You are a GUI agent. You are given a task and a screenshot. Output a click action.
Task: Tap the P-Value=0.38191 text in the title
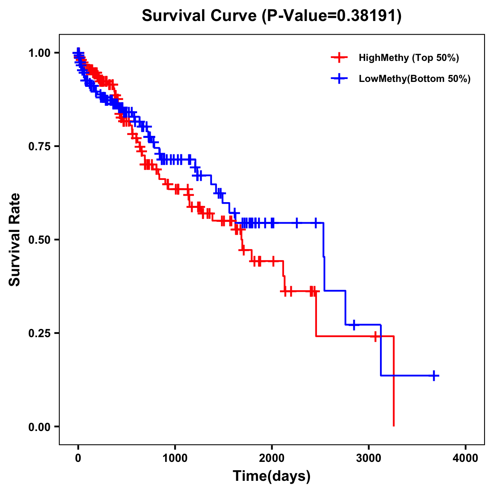tap(333, 16)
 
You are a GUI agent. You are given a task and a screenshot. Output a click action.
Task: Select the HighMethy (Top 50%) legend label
tap(408, 58)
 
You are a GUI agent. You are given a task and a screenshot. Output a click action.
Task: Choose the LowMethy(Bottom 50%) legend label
tap(415, 79)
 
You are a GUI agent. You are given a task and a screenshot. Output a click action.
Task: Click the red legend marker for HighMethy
tap(339, 58)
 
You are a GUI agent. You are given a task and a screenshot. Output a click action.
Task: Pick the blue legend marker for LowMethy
tap(339, 79)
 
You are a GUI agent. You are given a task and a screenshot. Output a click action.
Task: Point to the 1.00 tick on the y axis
tap(39, 53)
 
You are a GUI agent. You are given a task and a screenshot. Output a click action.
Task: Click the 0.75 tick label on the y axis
tap(39, 146)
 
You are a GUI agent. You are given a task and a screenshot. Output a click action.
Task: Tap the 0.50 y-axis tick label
tap(39, 240)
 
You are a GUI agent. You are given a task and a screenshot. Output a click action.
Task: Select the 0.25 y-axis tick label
tap(39, 333)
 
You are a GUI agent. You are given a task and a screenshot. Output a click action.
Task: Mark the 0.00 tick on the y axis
tap(39, 426)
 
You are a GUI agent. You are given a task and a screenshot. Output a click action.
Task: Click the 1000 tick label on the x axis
tap(175, 458)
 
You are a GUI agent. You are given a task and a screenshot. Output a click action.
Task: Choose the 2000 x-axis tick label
tap(272, 458)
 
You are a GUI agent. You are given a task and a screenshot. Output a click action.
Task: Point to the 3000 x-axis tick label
tap(369, 458)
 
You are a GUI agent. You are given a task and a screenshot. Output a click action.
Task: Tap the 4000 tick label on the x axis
tap(466, 458)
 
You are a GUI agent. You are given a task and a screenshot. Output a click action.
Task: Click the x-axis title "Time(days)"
tap(272, 476)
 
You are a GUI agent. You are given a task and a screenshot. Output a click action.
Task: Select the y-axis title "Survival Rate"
tap(15, 240)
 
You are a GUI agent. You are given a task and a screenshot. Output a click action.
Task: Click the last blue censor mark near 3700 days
tap(434, 375)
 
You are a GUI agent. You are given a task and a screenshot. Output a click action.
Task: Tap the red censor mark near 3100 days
tap(375, 336)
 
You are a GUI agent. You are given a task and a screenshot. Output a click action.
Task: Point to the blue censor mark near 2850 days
tap(354, 325)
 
